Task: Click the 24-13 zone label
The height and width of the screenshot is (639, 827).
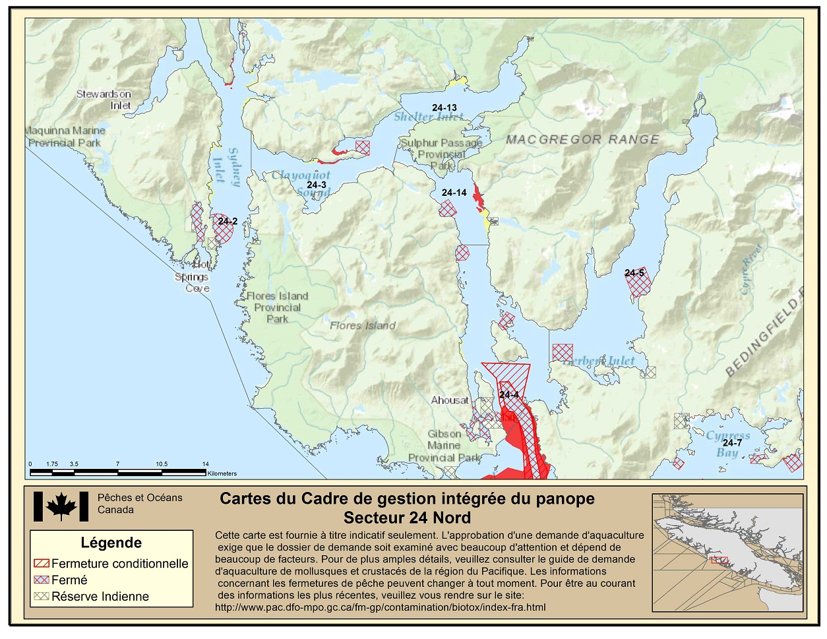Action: pyautogui.click(x=444, y=107)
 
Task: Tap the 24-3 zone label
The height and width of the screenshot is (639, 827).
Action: pyautogui.click(x=317, y=185)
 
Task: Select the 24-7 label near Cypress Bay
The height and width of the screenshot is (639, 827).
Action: pyautogui.click(x=732, y=443)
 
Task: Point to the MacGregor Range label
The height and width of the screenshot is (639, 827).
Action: pyautogui.click(x=582, y=140)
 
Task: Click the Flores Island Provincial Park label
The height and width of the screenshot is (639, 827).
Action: pyautogui.click(x=277, y=307)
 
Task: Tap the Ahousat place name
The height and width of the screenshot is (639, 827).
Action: pyautogui.click(x=450, y=400)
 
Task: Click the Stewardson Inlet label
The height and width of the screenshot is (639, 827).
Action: pyautogui.click(x=104, y=100)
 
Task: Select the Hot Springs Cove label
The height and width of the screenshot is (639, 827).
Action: pyautogui.click(x=193, y=277)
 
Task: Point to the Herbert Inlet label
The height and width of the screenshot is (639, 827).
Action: pyautogui.click(x=600, y=361)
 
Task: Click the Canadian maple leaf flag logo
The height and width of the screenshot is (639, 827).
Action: pyautogui.click(x=61, y=506)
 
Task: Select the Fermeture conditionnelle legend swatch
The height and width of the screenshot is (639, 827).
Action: pyautogui.click(x=42, y=564)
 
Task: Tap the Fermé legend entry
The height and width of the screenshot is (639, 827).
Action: pyautogui.click(x=69, y=580)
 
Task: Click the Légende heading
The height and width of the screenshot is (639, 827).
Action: pyautogui.click(x=111, y=543)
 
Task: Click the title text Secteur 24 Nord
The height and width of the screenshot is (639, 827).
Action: pyautogui.click(x=407, y=518)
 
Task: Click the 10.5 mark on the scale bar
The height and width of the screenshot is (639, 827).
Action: pyautogui.click(x=162, y=464)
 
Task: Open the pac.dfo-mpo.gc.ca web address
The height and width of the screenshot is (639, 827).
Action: pyautogui.click(x=380, y=607)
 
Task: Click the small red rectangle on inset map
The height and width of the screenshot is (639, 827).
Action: pyautogui.click(x=719, y=561)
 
